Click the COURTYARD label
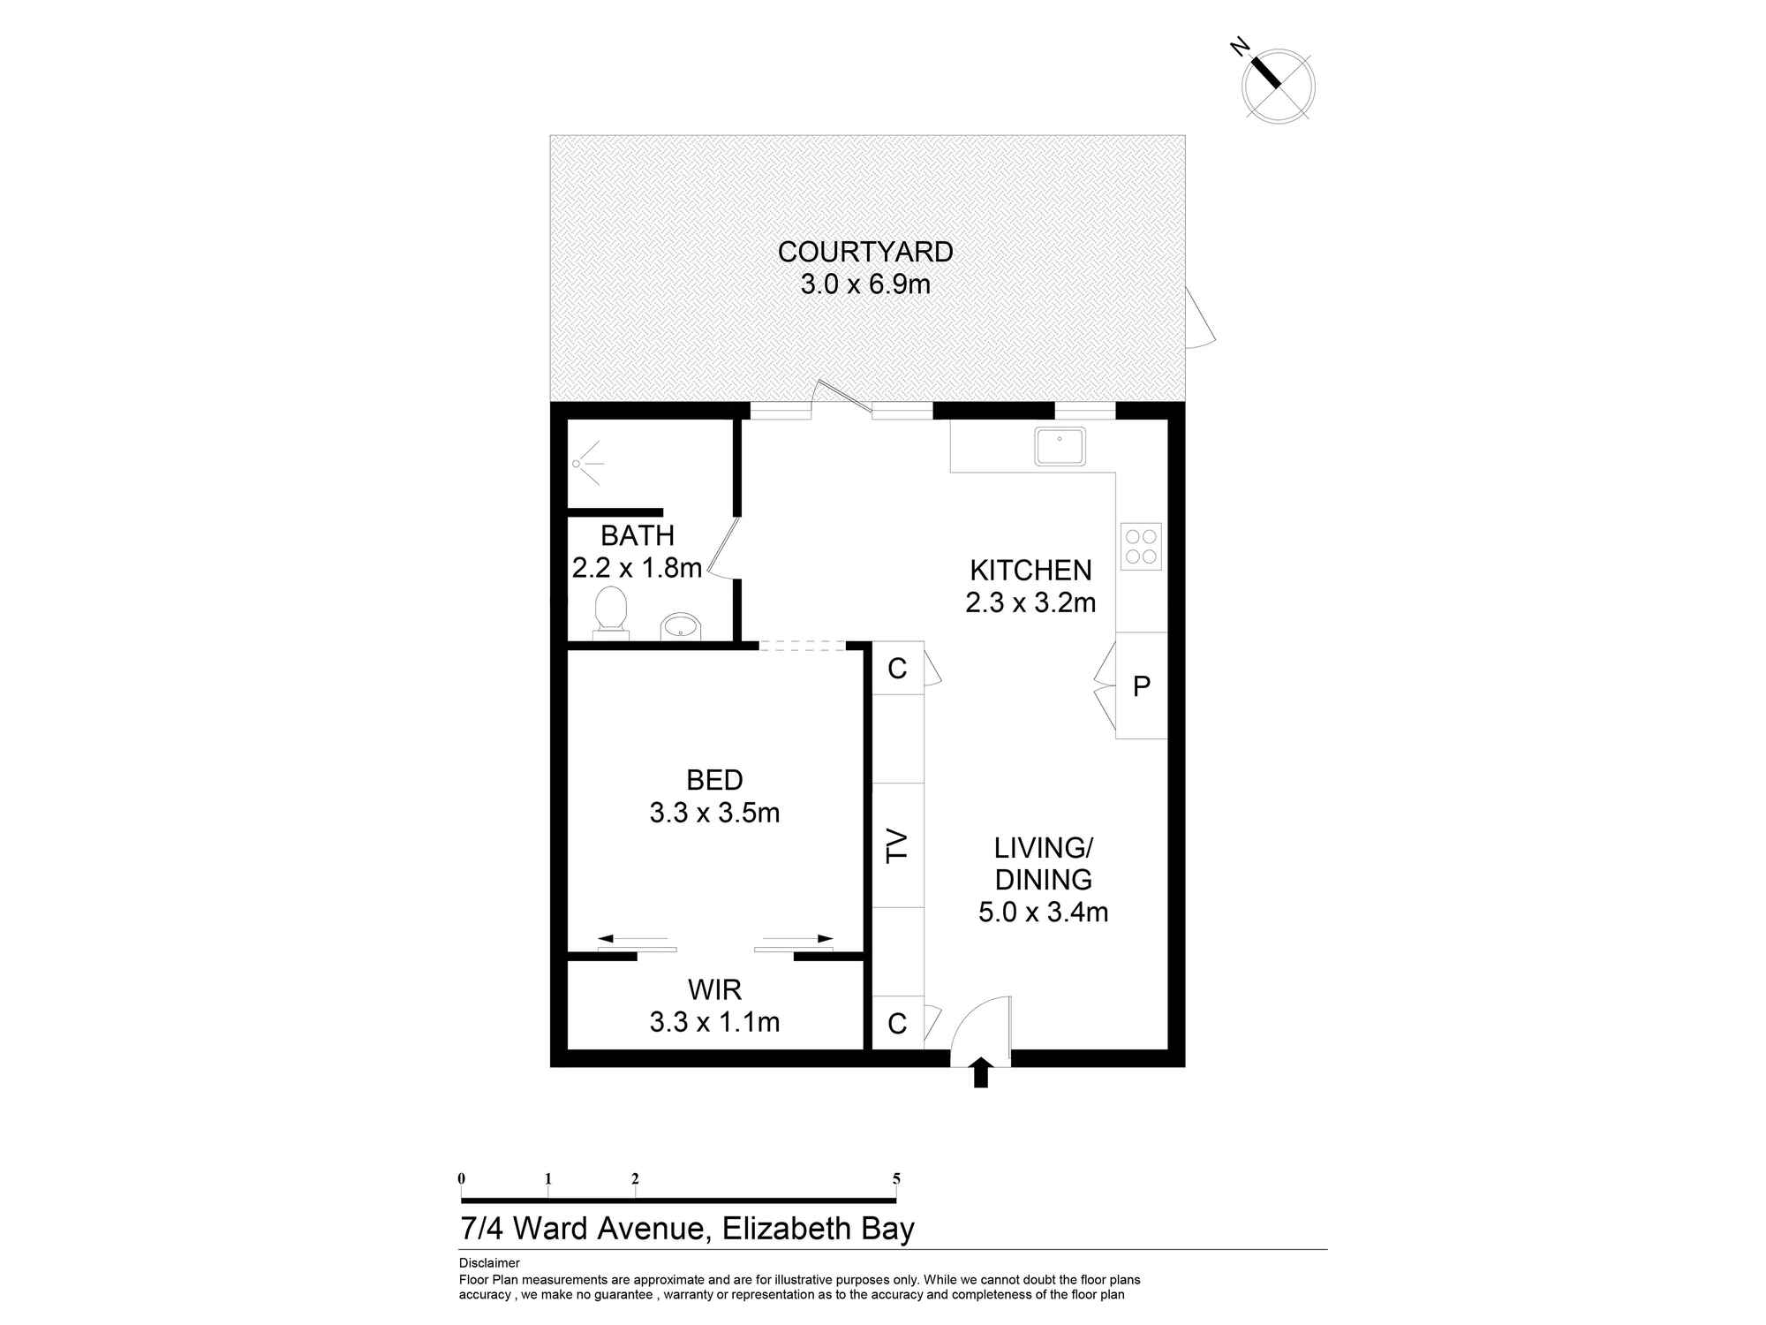coord(865,253)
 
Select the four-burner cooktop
coord(1140,546)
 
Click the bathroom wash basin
coord(681,626)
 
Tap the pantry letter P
coord(1142,685)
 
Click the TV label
coord(898,845)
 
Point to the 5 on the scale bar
coord(896,1178)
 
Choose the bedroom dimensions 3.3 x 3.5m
coord(714,813)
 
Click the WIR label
coord(714,989)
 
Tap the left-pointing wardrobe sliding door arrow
coord(632,938)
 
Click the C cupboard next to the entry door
coord(897,1023)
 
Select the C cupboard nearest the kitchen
coord(897,669)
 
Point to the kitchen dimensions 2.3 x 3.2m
coord(1030,602)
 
